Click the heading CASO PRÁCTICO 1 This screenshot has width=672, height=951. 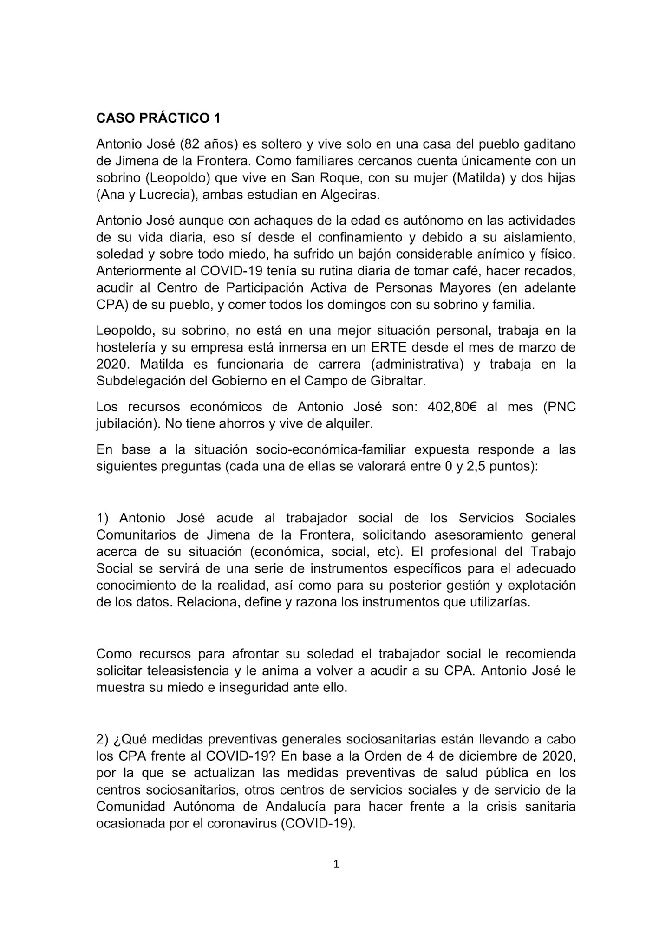158,118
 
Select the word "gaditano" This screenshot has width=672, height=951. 549,144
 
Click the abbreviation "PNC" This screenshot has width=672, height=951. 559,407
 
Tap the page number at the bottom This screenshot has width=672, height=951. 336,865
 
